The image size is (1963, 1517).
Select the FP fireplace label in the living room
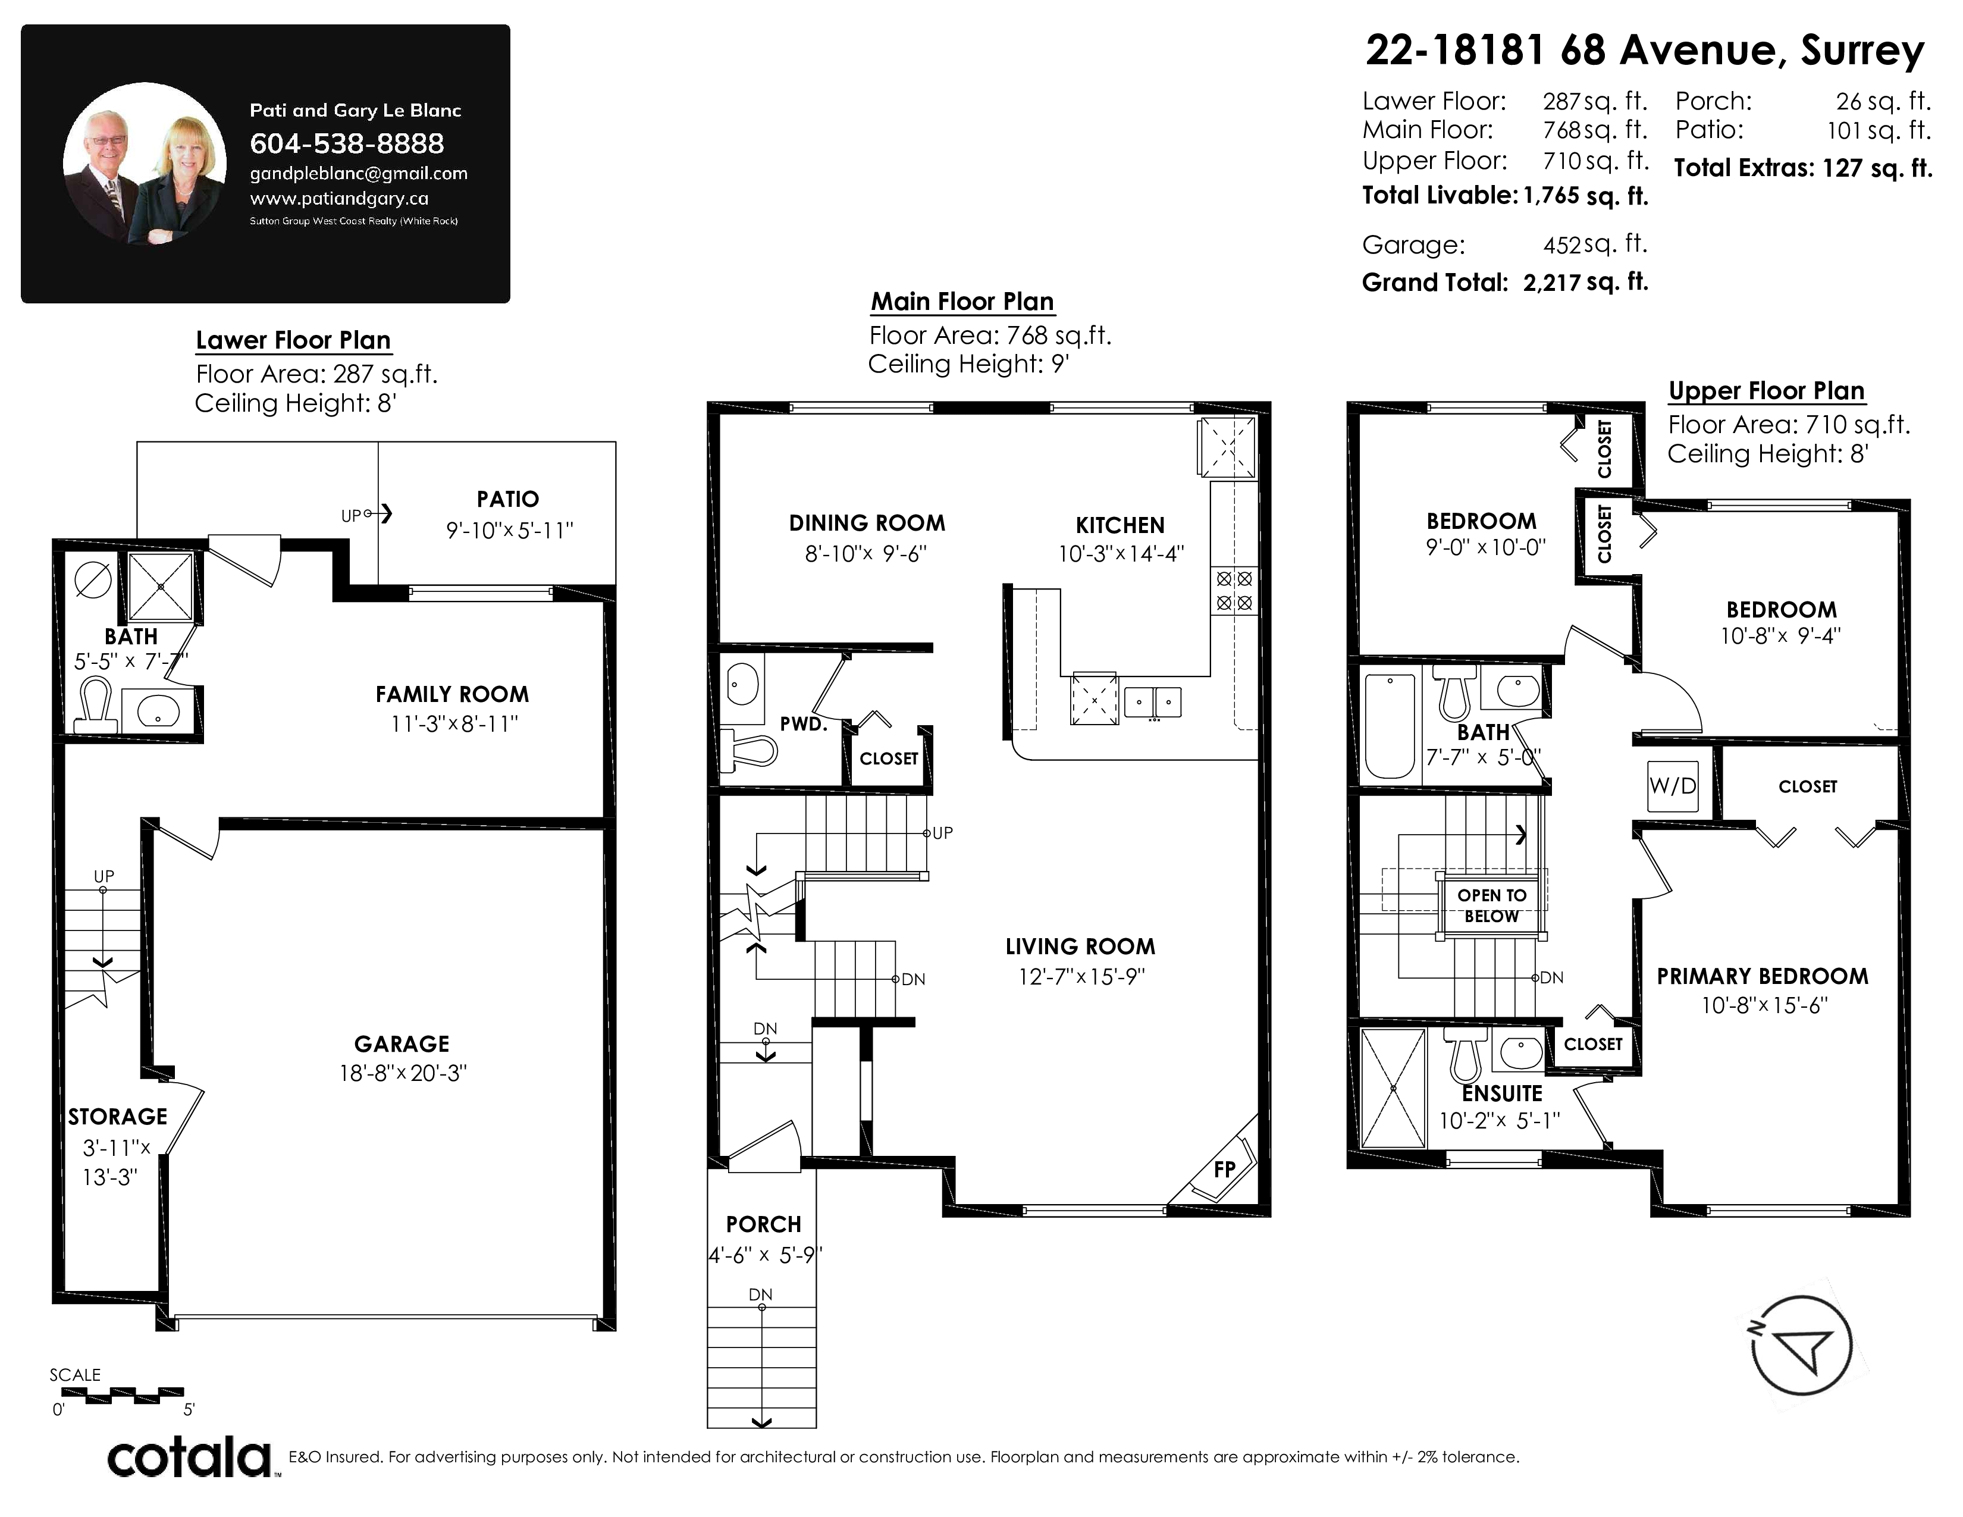(1224, 1168)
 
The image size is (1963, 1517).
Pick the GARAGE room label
(402, 1043)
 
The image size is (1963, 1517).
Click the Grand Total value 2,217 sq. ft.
(1585, 282)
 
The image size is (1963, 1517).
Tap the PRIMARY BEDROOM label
(1763, 976)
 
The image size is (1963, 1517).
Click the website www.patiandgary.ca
(339, 199)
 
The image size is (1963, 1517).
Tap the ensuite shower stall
(1393, 1088)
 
